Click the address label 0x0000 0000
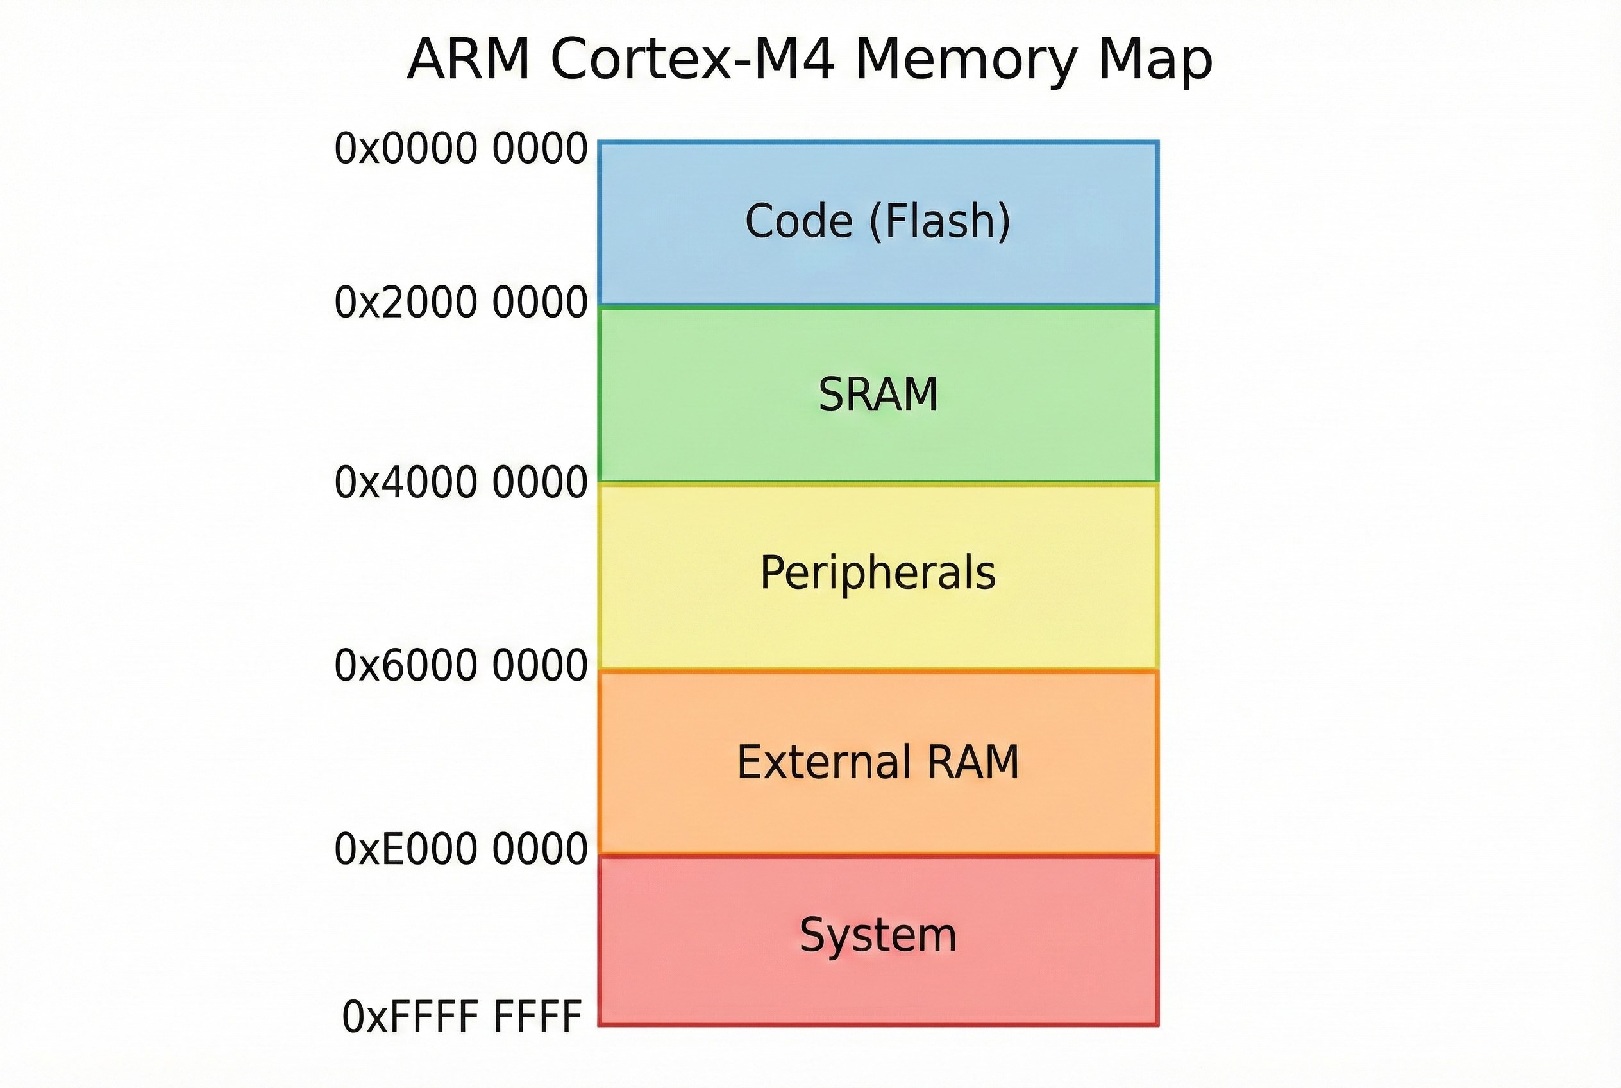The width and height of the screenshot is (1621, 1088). (460, 149)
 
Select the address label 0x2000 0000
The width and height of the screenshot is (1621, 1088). (460, 303)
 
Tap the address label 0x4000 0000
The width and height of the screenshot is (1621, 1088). (460, 483)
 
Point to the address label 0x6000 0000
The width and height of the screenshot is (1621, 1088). (460, 665)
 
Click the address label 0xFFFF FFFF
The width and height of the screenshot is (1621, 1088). (462, 1017)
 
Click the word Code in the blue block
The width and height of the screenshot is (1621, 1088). (798, 221)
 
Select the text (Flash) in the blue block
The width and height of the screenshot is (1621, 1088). (940, 221)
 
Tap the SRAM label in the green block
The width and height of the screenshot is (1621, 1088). (878, 394)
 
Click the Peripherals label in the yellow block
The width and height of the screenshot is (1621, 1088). (878, 573)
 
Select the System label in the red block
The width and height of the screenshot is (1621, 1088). (878, 935)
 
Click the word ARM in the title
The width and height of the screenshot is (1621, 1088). (469, 60)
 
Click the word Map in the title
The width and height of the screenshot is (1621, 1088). (1155, 60)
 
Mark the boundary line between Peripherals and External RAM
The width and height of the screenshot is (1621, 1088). (878, 670)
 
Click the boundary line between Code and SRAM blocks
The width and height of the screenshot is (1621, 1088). (878, 306)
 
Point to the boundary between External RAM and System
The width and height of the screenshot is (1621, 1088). (878, 854)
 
